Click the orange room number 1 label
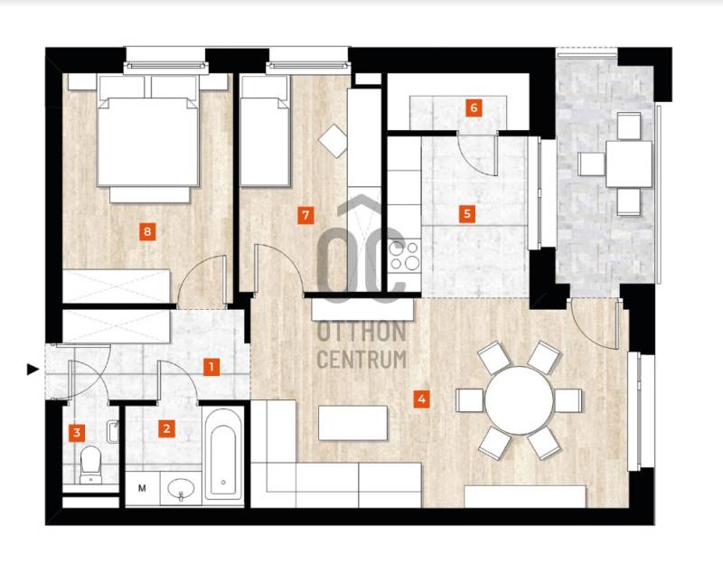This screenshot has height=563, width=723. point(211,368)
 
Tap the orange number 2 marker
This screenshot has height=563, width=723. point(166,428)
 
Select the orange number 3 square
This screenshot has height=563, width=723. point(77,433)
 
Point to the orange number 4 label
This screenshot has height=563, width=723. point(421,399)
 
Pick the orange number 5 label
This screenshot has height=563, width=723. point(467,214)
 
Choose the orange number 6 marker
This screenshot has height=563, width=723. point(474,108)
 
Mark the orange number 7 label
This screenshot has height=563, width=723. point(305,215)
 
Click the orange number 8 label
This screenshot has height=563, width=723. point(147,231)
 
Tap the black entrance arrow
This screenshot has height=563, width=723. point(33,369)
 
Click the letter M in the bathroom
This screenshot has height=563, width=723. point(142,488)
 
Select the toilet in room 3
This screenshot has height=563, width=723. point(90,464)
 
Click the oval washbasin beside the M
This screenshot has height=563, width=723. point(182,489)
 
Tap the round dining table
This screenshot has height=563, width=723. point(519,400)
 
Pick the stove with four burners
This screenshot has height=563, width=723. point(404,256)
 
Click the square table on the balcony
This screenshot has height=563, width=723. point(628,164)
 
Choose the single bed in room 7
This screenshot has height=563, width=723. point(265,131)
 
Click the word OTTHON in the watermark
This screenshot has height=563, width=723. point(362,332)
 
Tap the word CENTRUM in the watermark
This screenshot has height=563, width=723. point(362,360)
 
